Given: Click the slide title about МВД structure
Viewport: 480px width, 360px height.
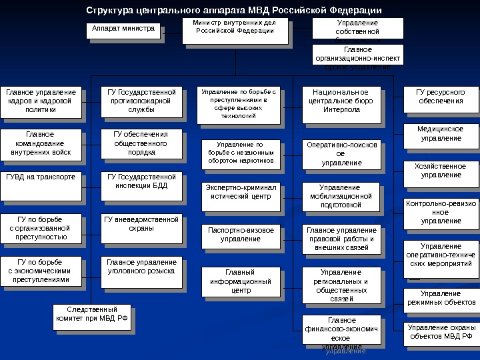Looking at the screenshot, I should coord(235,11).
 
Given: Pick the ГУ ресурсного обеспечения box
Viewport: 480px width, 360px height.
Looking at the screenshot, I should coord(439,97).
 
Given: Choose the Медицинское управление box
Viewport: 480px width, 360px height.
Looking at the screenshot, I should coord(439,133).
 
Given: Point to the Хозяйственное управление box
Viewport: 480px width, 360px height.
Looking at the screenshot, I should coord(439,171).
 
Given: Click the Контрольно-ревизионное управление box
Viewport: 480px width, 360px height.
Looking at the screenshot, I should coord(441,212).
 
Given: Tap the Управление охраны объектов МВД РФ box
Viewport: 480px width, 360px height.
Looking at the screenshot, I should coord(441,332).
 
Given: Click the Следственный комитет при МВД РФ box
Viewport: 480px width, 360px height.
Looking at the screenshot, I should coord(92,315).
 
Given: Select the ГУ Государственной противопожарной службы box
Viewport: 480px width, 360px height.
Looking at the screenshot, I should coord(141,101).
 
